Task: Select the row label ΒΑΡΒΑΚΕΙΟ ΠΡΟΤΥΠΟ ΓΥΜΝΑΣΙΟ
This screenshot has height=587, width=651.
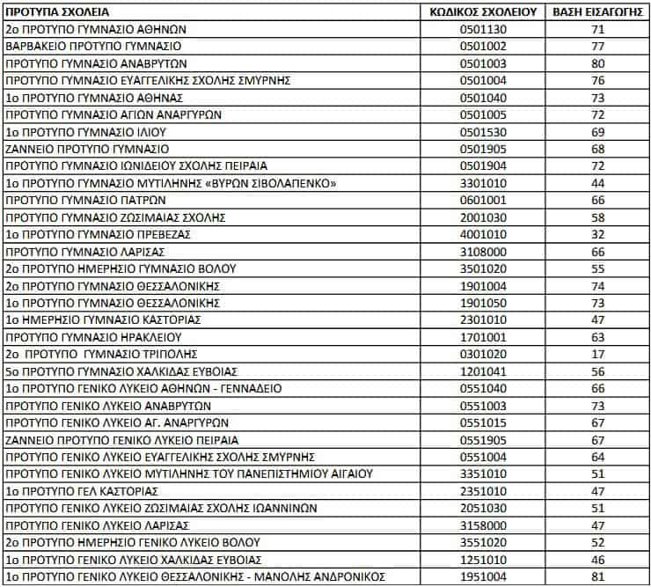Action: pos(93,46)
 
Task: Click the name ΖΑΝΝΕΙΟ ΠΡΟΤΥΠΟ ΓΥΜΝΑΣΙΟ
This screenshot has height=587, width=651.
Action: pos(87,149)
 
